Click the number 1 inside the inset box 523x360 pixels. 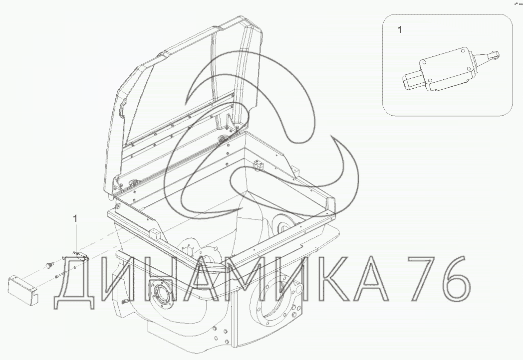pyautogui.click(x=400, y=30)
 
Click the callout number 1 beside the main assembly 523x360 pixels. pyautogui.click(x=75, y=219)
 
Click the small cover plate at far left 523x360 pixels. pyautogui.click(x=23, y=289)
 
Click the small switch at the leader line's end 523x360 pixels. pyautogui.click(x=81, y=256)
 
